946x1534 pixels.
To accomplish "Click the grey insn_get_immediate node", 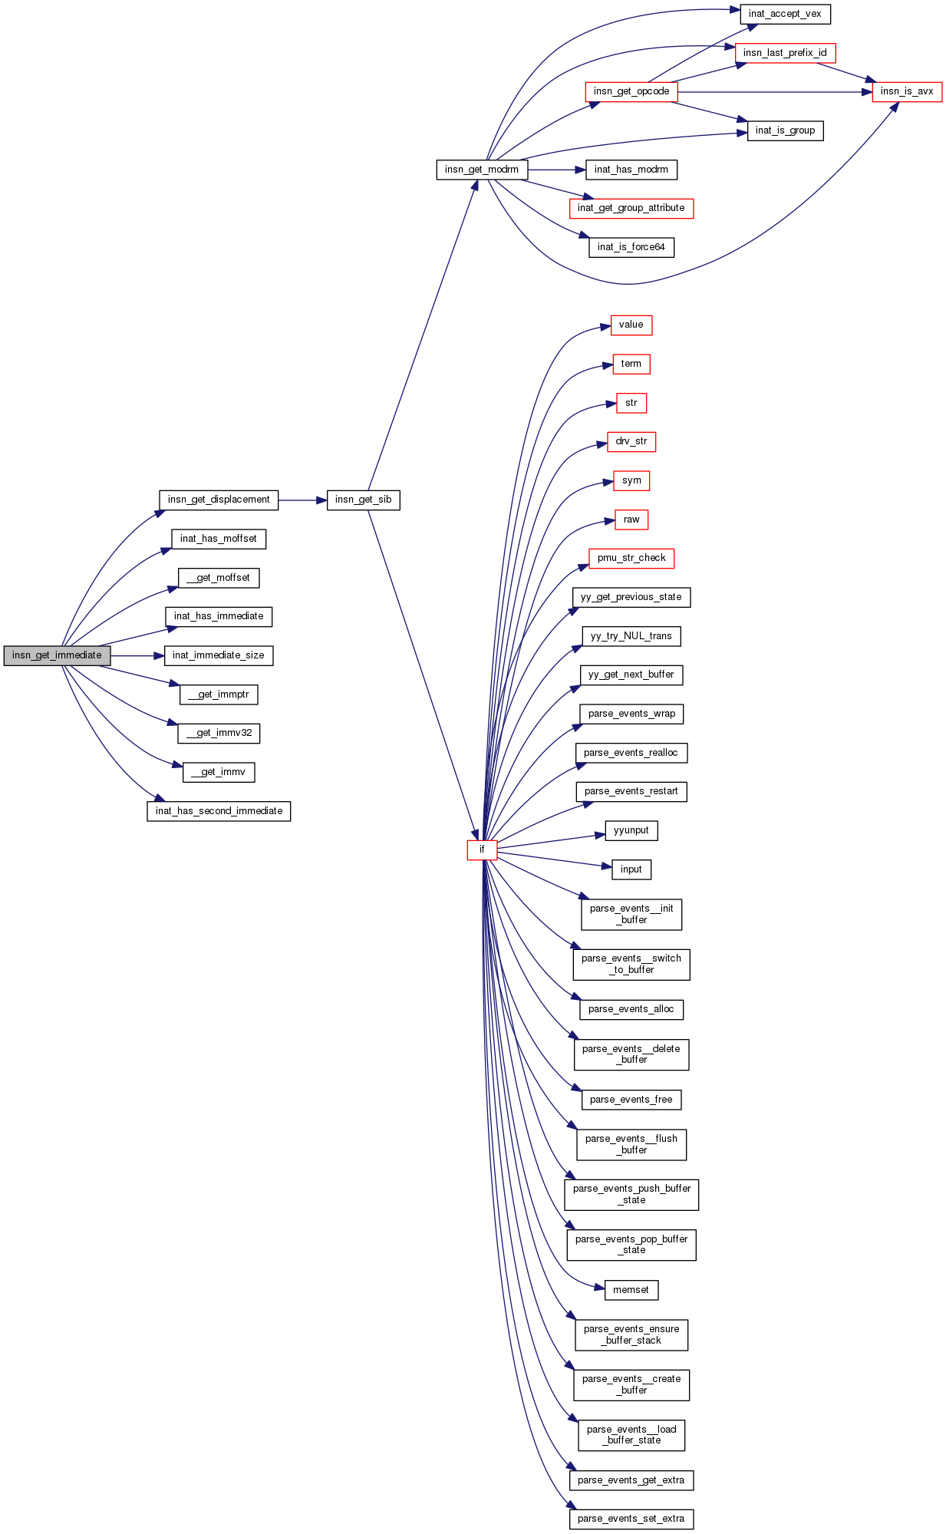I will pyautogui.click(x=57, y=655).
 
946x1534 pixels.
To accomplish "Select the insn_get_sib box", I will pyautogui.click(x=363, y=500).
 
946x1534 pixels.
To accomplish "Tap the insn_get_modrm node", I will pyautogui.click(x=482, y=170).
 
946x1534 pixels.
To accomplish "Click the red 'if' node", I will pyautogui.click(x=482, y=849).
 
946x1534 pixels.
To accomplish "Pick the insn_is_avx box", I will pyautogui.click(x=906, y=91).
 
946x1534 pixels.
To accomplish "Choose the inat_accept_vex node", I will pyautogui.click(x=785, y=14).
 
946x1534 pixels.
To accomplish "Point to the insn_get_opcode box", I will pyautogui.click(x=631, y=91).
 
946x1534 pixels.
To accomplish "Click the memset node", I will pyautogui.click(x=631, y=1290).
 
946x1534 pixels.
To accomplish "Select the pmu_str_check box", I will pyautogui.click(x=631, y=558).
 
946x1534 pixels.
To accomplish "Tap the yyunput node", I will pyautogui.click(x=631, y=830).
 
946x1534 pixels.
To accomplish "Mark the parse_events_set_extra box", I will pyautogui.click(x=631, y=1519).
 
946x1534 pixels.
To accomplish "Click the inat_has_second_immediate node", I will pyautogui.click(x=219, y=811).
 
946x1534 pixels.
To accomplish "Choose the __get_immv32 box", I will pyautogui.click(x=219, y=733).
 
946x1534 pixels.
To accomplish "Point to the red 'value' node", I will pyautogui.click(x=631, y=325).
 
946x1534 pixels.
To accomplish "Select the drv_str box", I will pyautogui.click(x=631, y=441).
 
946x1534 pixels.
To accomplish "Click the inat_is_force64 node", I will pyautogui.click(x=631, y=247).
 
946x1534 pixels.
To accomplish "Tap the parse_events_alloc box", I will pyautogui.click(x=631, y=1009).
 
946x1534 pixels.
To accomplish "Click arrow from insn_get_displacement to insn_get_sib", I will pyautogui.click(x=302, y=500).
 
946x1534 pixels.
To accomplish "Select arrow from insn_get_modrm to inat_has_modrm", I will pyautogui.click(x=556, y=170).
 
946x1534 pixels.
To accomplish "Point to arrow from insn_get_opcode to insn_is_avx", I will pyautogui.click(x=775, y=92).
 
